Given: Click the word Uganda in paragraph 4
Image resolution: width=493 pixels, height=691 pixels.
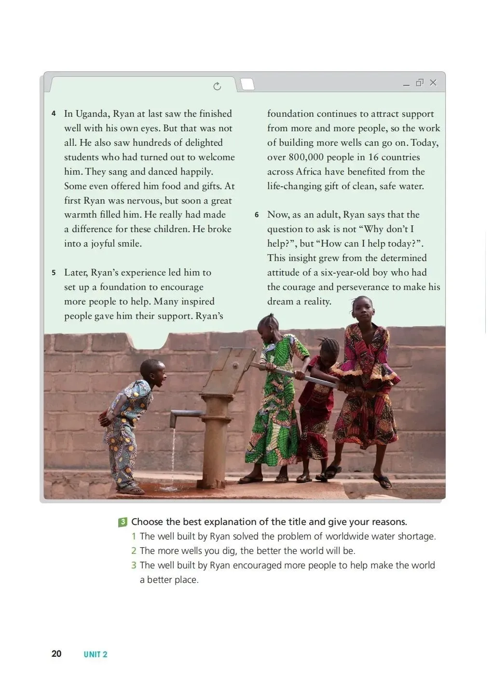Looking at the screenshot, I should click(92, 114).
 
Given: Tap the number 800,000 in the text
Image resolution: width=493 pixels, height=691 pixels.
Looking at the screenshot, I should click(306, 157).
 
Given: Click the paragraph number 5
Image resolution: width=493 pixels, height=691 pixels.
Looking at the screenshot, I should click(54, 273).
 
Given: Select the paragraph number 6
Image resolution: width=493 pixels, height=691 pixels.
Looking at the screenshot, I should click(257, 215).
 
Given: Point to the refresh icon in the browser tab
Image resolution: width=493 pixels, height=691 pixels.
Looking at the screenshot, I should click(217, 86).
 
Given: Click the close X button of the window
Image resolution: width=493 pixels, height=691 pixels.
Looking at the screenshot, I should click(433, 83).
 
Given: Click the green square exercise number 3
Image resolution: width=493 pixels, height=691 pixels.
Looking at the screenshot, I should click(123, 522).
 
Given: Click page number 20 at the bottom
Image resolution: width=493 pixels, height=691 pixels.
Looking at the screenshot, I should click(56, 654).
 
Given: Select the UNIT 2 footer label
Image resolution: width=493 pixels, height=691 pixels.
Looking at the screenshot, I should click(96, 654).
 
